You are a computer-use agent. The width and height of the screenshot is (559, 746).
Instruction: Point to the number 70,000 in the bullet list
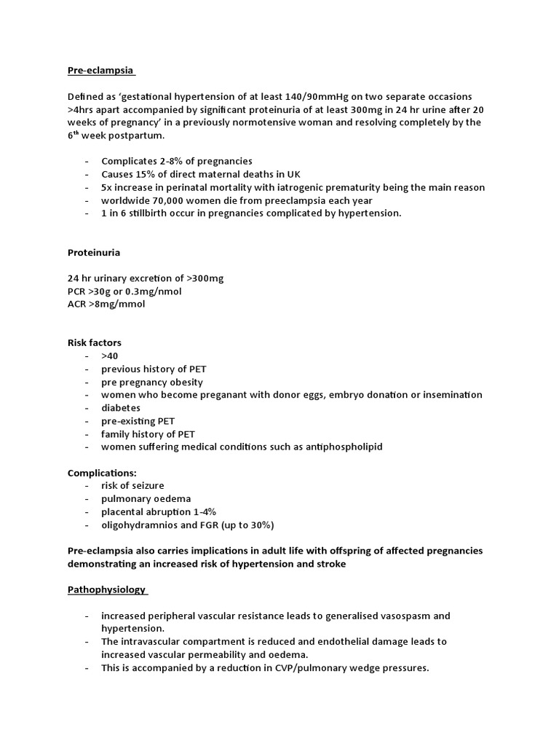coord(167,200)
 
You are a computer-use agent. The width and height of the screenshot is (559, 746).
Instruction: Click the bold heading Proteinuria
coord(94,252)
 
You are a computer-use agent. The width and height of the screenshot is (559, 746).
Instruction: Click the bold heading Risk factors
coord(95,342)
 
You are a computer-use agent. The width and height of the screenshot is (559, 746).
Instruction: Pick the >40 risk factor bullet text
coord(109,356)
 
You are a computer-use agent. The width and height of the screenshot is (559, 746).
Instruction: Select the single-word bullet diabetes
coord(121,408)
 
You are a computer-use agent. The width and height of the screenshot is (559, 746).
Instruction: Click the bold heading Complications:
coord(102,473)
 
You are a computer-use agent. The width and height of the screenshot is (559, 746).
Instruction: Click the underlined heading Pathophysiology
coord(106,589)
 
